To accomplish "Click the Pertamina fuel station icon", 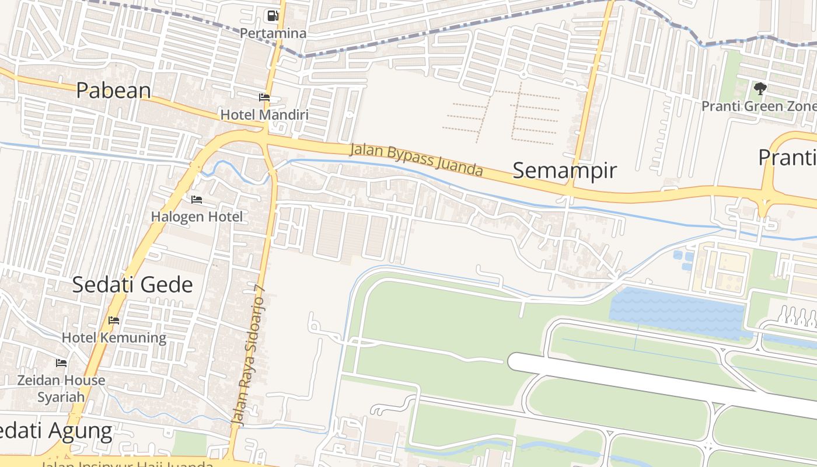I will [273, 16].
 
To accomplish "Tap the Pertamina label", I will [273, 33].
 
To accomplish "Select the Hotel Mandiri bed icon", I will [264, 97].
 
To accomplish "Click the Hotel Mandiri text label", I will [264, 114].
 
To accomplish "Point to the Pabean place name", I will [114, 90].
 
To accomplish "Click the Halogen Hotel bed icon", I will [197, 200].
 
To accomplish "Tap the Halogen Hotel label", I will [197, 217].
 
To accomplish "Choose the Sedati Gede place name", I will [132, 285].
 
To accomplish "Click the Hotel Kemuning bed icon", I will [114, 320].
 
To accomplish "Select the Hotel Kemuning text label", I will [114, 337].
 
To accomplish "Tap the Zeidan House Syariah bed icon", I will [61, 363].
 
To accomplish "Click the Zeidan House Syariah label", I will [61, 388].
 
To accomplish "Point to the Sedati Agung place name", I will [55, 431].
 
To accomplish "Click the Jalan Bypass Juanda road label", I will [417, 159].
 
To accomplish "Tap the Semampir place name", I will [564, 170].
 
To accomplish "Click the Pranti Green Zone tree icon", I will [760, 89].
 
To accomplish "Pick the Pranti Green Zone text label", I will [759, 106].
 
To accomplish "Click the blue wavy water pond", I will [677, 312].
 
